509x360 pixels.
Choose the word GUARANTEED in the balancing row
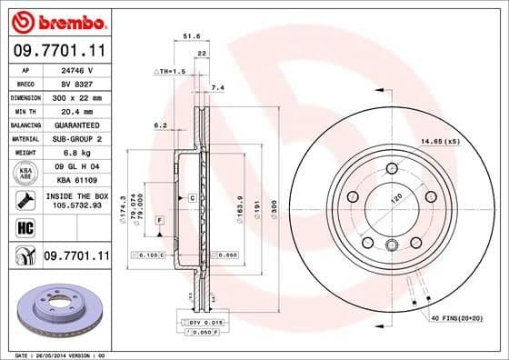click(x=76, y=125)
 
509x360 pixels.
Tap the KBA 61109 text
click(x=76, y=181)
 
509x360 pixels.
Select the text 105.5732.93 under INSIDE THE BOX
click(x=76, y=206)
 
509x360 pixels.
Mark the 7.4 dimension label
click(x=217, y=88)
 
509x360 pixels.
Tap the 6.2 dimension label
click(x=161, y=125)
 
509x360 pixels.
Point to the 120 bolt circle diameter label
click(x=396, y=197)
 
